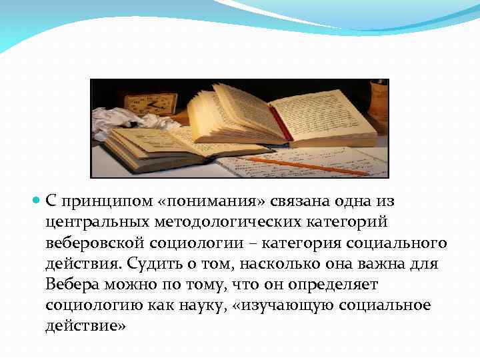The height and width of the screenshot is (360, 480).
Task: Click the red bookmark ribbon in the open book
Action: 280,124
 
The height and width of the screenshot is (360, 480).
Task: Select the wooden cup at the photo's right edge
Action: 379,100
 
